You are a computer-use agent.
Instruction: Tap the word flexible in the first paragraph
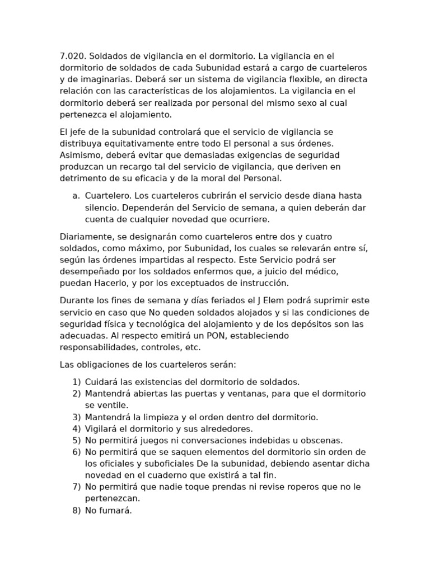coord(292,79)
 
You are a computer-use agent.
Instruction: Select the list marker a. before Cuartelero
coord(76,196)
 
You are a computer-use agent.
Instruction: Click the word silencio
coord(102,208)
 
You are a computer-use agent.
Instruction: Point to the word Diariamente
coord(85,237)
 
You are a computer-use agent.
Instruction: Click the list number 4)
coord(77,429)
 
